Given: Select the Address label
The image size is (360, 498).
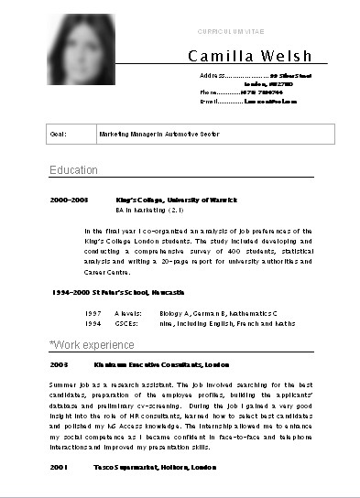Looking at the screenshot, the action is (213, 74).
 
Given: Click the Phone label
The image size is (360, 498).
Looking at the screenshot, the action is (210, 92).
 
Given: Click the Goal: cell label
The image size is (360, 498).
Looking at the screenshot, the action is (57, 134).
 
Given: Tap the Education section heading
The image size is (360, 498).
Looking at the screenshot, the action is (73, 170).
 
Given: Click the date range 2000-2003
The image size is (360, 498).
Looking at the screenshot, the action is (69, 199).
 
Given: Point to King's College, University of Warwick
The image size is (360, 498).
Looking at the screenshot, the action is (177, 199).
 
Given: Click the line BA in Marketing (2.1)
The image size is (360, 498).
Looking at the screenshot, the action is (151, 210).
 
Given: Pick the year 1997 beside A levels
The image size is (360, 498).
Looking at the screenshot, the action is (93, 311).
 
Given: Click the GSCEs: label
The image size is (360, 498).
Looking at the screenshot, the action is (126, 322).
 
